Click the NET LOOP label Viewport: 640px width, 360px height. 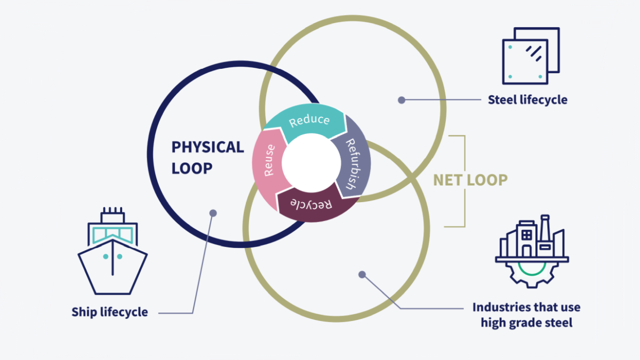(x=470, y=180)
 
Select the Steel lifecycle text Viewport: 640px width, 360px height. (x=527, y=99)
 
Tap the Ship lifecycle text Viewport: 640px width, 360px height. (x=110, y=312)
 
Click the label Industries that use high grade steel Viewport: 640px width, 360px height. (x=526, y=315)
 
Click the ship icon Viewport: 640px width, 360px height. (x=112, y=251)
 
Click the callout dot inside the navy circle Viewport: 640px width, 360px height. (x=213, y=213)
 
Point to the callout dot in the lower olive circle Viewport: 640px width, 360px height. (x=362, y=275)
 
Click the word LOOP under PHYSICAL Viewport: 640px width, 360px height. (x=192, y=169)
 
